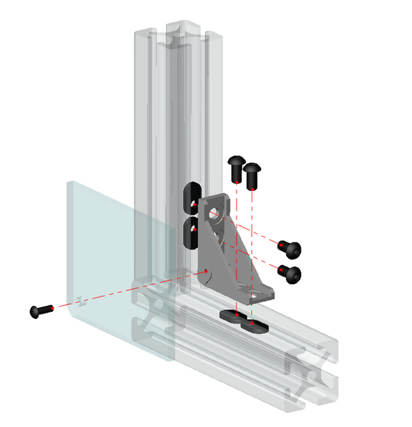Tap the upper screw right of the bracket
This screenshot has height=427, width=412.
(x=291, y=249)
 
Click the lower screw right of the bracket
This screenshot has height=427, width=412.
(x=290, y=272)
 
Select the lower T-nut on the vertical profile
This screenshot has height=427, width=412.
(x=190, y=233)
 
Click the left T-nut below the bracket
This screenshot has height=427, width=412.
(x=231, y=315)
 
